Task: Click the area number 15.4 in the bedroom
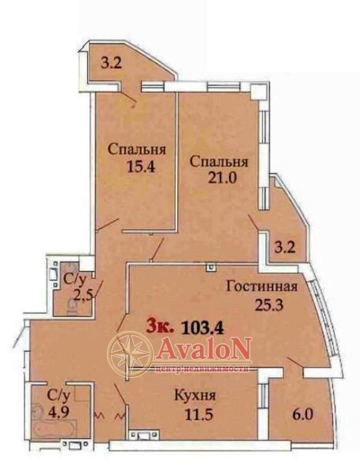[x=141, y=166]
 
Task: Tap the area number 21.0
[x=223, y=178]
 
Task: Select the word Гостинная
[x=262, y=286]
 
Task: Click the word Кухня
[x=195, y=396]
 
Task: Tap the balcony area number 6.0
[x=302, y=415]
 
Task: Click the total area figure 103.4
[x=203, y=328]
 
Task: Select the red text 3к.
[x=160, y=326]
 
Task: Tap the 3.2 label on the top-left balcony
[x=111, y=64]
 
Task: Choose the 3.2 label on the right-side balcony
[x=284, y=249]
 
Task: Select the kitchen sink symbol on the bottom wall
[x=143, y=435]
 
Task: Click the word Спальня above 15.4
[x=137, y=149]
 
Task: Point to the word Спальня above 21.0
[x=219, y=161]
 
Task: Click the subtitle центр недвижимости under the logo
[x=203, y=369]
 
